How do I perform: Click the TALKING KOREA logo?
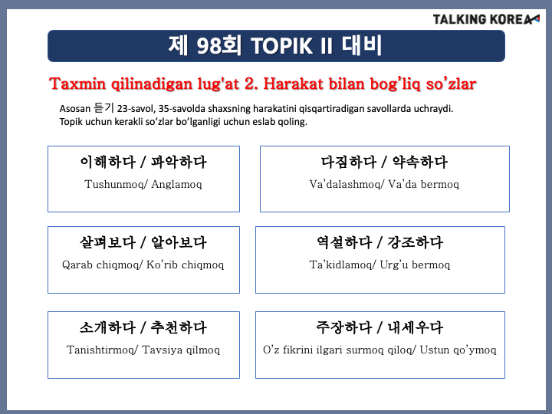pos(486,19)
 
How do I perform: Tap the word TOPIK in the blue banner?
pos(281,46)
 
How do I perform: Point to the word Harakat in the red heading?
pos(293,84)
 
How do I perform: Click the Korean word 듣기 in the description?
pos(103,108)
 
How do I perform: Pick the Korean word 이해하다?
pos(108,163)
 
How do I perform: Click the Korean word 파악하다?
pos(179,163)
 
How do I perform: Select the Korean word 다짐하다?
pos(349,163)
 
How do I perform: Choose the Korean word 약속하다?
pos(420,163)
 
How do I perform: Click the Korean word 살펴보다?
pos(108,242)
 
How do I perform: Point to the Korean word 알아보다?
pos(179,242)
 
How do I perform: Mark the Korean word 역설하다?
pos(344,242)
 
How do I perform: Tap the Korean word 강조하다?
pos(416,242)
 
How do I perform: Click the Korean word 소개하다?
pos(108,328)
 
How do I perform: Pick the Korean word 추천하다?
pos(179,328)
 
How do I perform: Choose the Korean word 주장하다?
pos(344,328)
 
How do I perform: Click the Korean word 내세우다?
pos(416,328)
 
